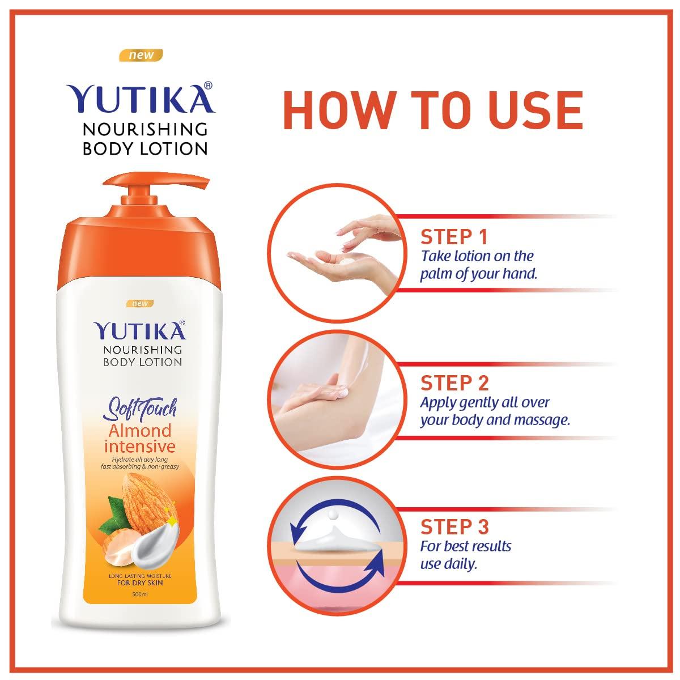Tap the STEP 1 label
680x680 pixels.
[454, 237]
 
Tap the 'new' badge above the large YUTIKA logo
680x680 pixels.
[140, 56]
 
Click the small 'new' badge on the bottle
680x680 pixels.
[139, 303]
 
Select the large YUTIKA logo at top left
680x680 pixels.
[140, 100]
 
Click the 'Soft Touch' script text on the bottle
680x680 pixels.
[140, 407]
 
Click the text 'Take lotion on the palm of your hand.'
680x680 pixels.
[478, 265]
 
